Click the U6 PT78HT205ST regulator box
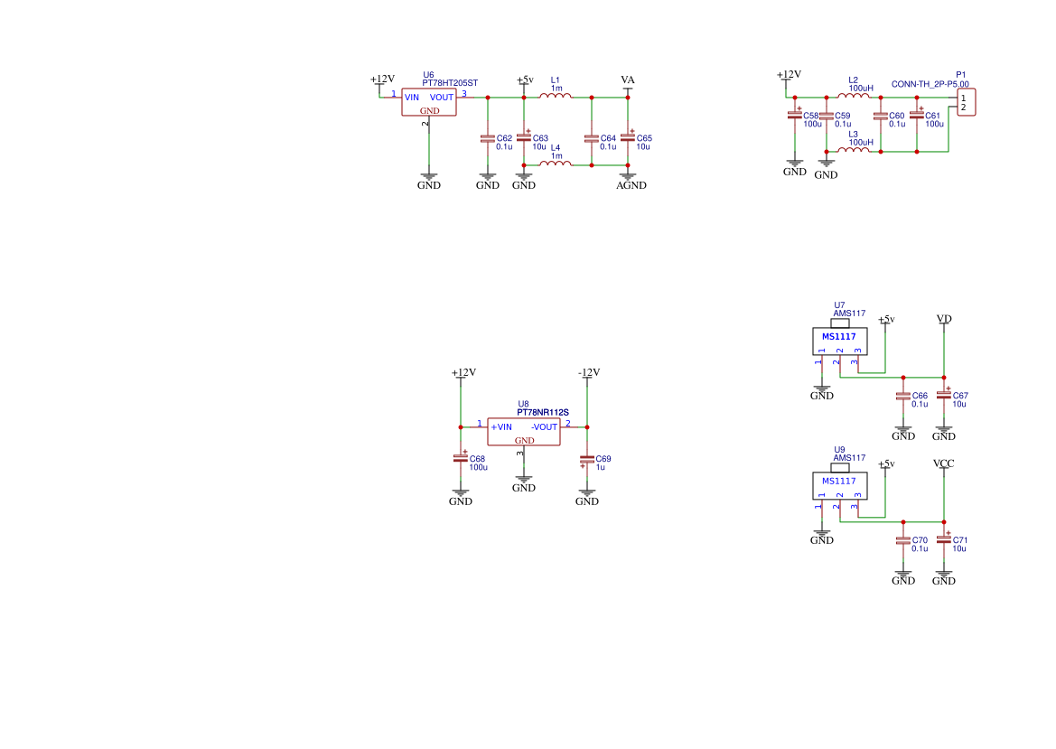(x=429, y=102)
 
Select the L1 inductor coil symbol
(x=556, y=96)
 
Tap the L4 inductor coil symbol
(x=556, y=164)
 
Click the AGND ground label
(x=631, y=185)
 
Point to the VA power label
(x=628, y=80)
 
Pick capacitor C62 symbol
(x=488, y=138)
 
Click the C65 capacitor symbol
(x=628, y=138)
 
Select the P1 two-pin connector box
(x=966, y=102)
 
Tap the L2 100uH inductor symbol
(x=853, y=96)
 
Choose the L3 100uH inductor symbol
(x=853, y=149)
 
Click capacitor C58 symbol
(x=795, y=116)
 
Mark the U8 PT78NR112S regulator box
(x=524, y=431)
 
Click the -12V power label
(x=588, y=372)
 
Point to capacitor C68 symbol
(x=461, y=458)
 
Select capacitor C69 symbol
(x=587, y=458)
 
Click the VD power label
(x=944, y=319)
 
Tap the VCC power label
(x=944, y=463)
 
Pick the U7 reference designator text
(x=839, y=305)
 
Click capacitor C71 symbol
(x=944, y=539)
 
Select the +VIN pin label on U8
(x=501, y=426)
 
